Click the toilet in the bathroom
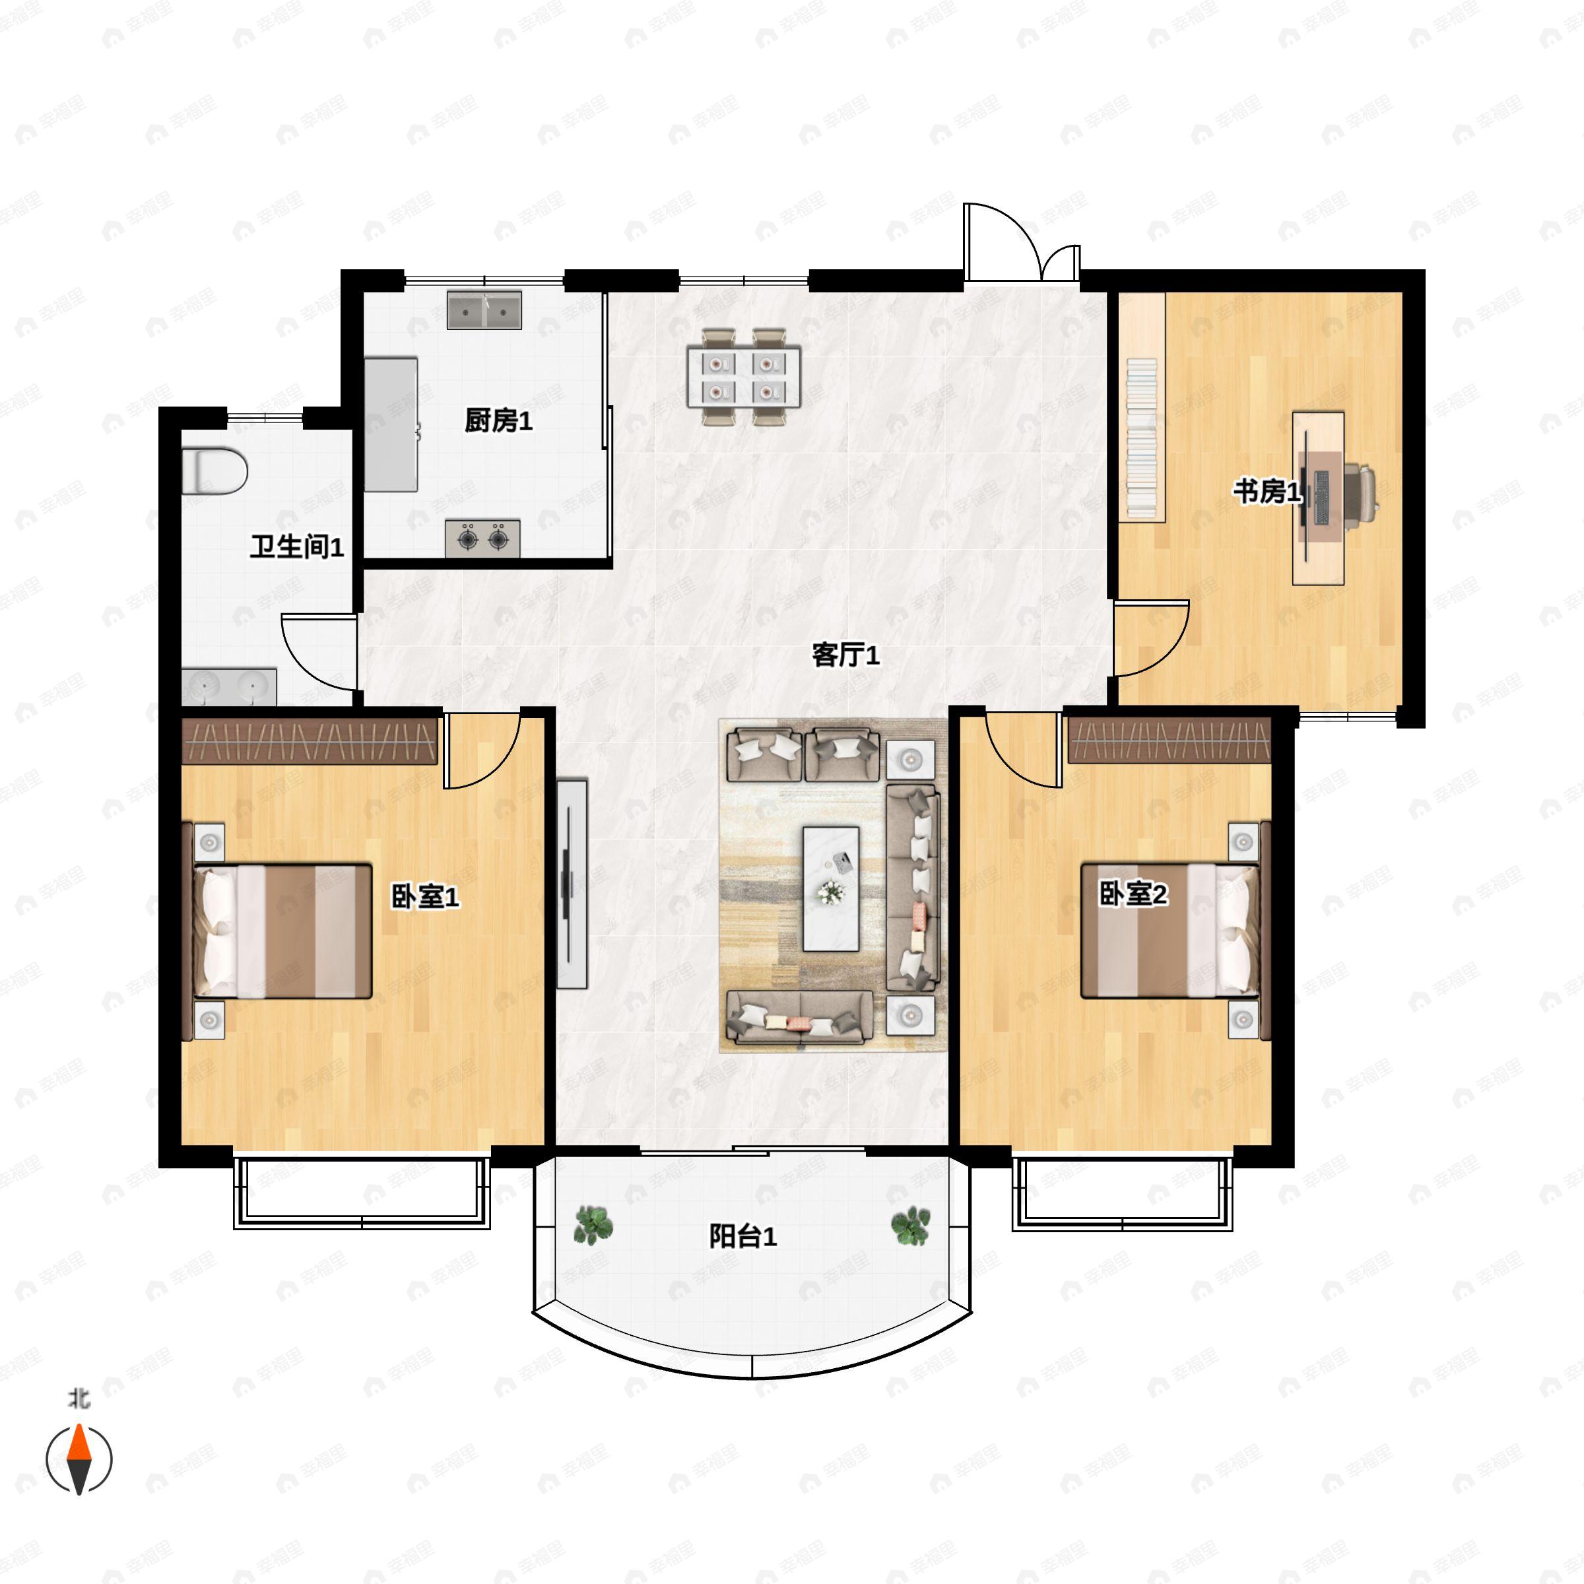[x=214, y=471]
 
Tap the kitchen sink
[x=484, y=310]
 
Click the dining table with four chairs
[x=744, y=376]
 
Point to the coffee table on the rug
[x=830, y=889]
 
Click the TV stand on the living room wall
[x=572, y=884]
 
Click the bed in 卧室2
[x=1171, y=930]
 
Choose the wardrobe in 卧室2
[x=1169, y=741]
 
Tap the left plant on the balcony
[x=593, y=1224]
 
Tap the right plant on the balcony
[x=911, y=1225]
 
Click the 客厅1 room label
[x=845, y=655]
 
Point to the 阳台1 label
[x=742, y=1236]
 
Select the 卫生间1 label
[x=297, y=547]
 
